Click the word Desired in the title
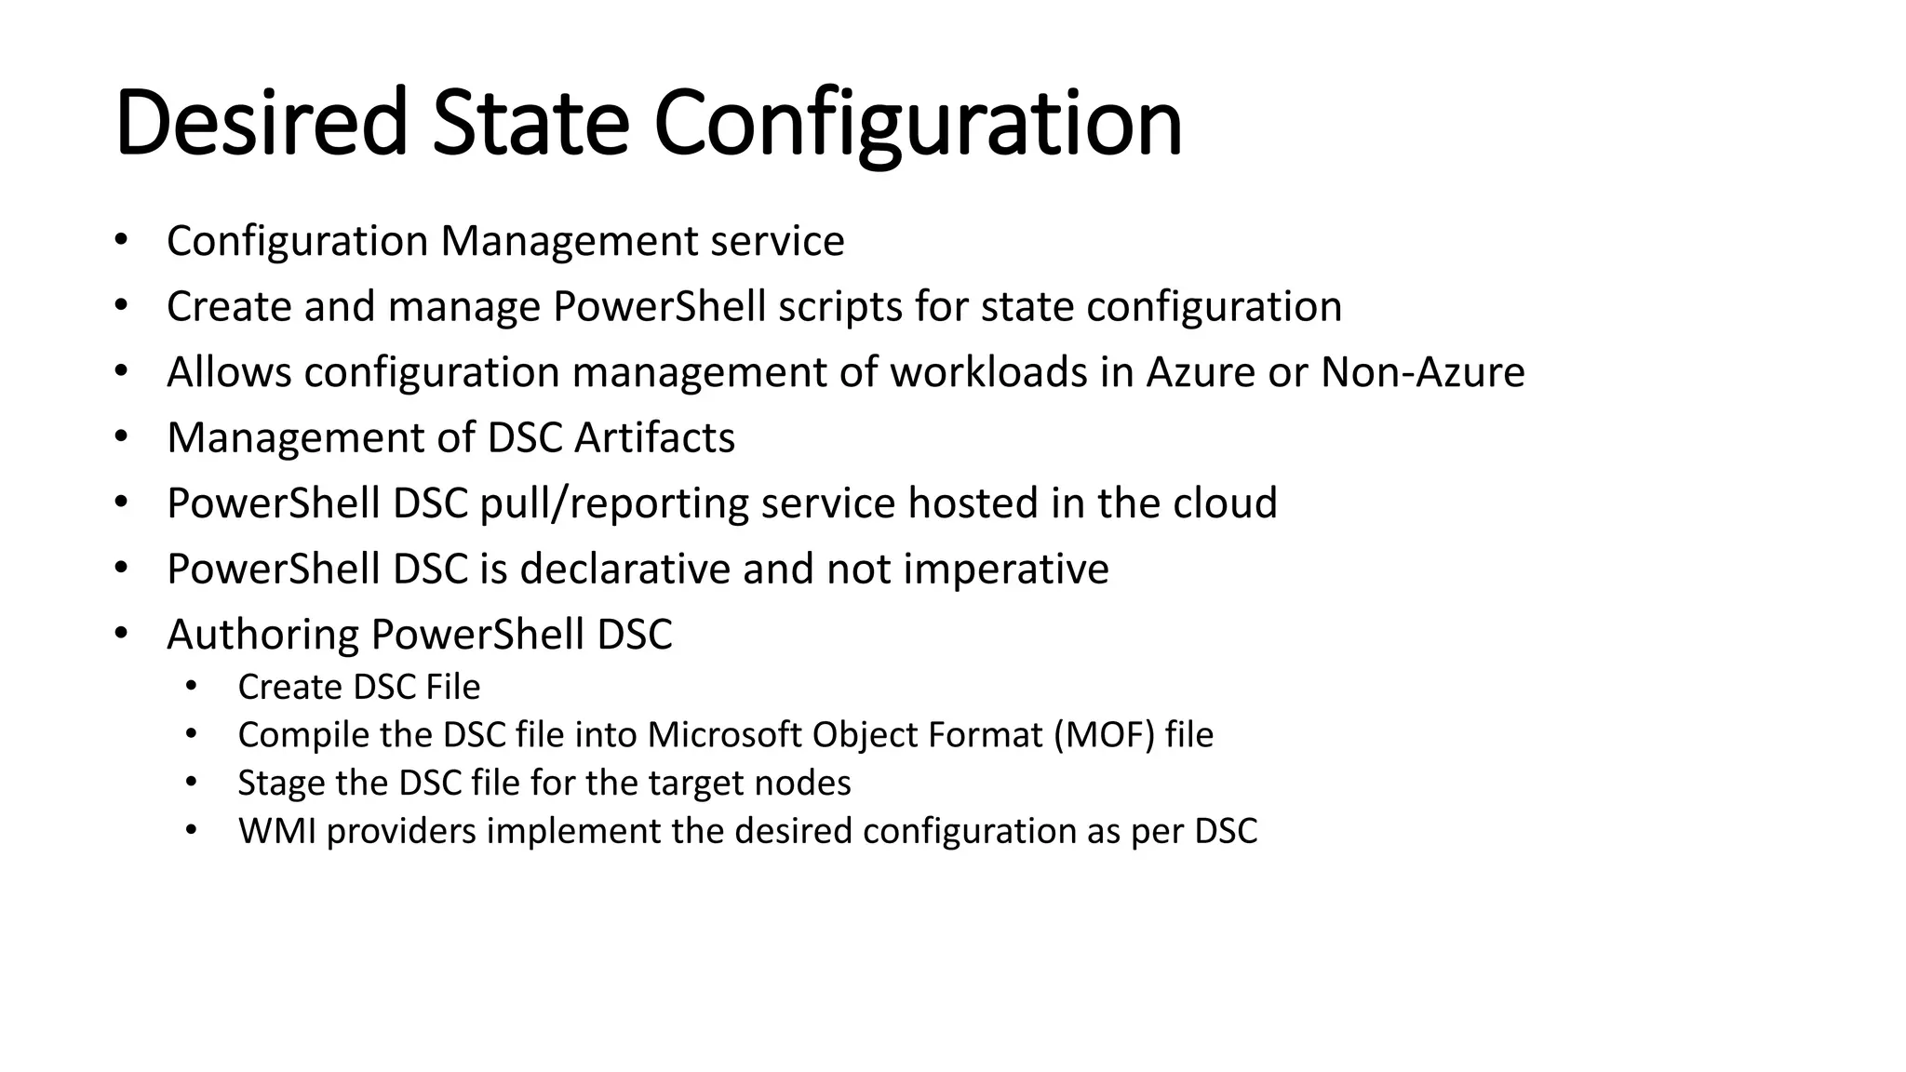pyautogui.click(x=262, y=123)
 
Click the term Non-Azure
pyautogui.click(x=1422, y=372)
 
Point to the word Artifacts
pyautogui.click(x=654, y=437)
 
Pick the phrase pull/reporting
pyautogui.click(x=614, y=504)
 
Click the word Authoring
pyautogui.click(x=262, y=636)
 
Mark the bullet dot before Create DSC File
pyautogui.click(x=191, y=687)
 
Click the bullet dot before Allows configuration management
pyautogui.click(x=120, y=372)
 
